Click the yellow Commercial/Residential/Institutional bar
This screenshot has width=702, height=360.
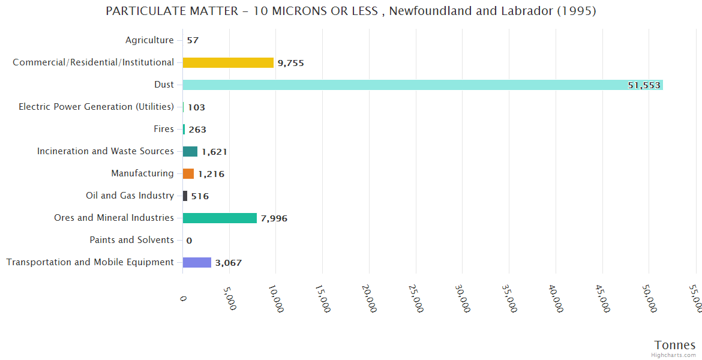pos(228,62)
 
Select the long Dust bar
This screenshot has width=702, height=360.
pos(420,85)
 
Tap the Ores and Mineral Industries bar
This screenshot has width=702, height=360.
pos(220,218)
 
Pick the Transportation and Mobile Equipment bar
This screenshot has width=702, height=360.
pos(197,262)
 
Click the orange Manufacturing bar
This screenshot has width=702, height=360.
pos(188,173)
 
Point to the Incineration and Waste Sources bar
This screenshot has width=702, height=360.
pos(190,151)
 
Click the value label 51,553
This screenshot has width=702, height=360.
pos(644,85)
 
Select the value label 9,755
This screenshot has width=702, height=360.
pos(291,63)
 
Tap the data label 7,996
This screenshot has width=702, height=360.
pos(274,218)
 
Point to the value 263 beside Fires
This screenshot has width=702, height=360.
pos(197,130)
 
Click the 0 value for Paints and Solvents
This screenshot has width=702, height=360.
pos(189,241)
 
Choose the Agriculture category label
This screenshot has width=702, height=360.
pos(149,40)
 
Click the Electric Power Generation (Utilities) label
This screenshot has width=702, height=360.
pos(96,107)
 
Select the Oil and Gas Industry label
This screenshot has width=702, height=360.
pos(130,196)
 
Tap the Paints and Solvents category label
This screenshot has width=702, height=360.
pos(131,240)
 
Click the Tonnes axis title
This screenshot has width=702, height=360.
pos(674,345)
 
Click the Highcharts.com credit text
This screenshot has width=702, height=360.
pos(674,355)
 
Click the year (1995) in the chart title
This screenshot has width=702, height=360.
pos(577,11)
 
